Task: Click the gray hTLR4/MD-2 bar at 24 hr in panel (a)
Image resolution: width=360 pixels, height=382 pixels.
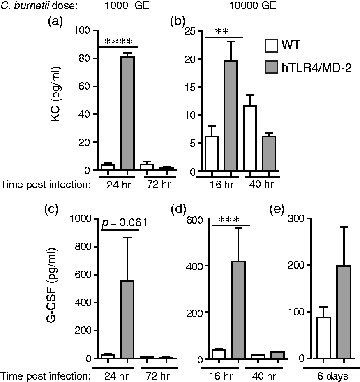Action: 127,113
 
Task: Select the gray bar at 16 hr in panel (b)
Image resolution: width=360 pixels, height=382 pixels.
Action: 231,116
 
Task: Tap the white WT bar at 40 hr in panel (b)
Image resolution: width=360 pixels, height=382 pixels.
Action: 250,138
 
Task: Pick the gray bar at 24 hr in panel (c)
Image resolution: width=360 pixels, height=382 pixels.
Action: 127,319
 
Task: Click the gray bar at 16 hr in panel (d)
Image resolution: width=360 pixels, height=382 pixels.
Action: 238,310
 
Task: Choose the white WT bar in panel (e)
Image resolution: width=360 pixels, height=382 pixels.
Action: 323,338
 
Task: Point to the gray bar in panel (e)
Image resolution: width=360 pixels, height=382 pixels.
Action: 344,312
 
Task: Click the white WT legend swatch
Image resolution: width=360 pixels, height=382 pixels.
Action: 271,46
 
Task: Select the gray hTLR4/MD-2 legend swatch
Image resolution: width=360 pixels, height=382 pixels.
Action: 271,67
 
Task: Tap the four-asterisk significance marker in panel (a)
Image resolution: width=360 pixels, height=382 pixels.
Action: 118,42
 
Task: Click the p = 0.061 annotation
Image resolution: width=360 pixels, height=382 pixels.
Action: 124,223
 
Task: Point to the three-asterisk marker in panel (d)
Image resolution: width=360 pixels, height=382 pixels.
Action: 229,220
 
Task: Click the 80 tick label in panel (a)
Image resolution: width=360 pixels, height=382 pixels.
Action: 84,58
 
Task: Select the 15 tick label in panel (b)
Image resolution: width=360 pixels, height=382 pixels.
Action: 190,87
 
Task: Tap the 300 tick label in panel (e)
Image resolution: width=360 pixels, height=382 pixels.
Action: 296,218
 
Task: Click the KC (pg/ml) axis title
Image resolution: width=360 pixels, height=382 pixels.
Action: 56,94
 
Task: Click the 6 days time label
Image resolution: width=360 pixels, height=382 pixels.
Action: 333,376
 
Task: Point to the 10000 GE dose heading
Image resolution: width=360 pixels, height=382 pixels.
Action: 253,5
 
